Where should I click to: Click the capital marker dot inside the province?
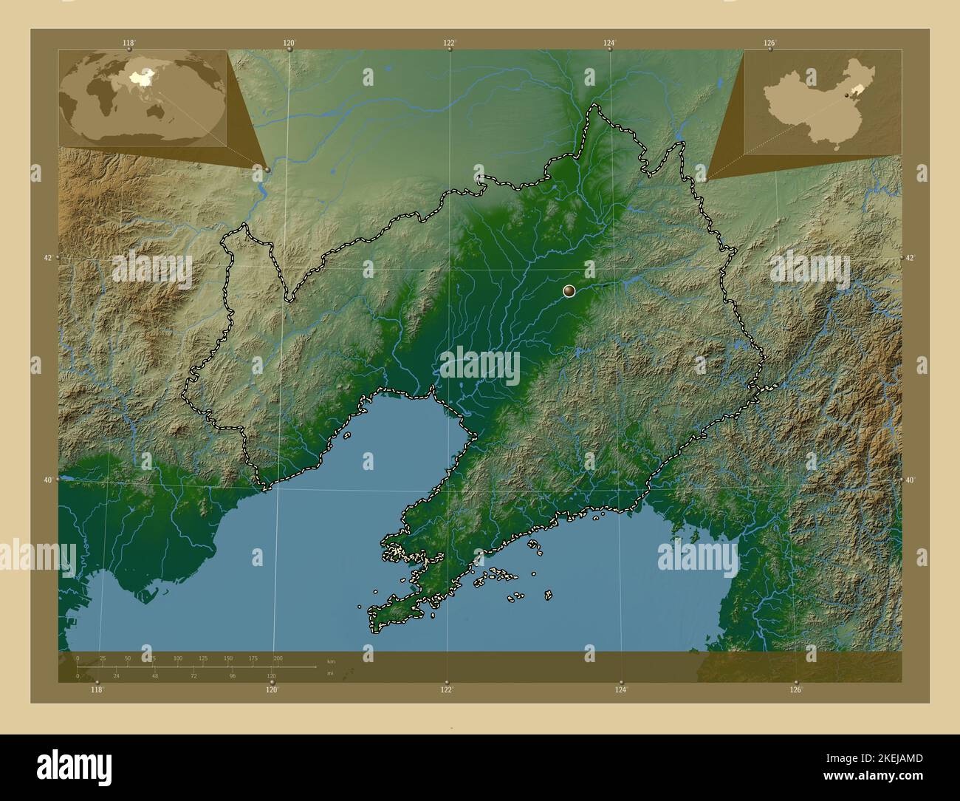(x=569, y=291)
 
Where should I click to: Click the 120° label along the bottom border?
(x=272, y=689)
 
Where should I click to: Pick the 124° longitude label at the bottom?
(x=621, y=689)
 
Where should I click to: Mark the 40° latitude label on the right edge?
(x=911, y=480)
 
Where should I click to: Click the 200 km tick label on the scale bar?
(x=278, y=658)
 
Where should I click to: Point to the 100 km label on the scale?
(x=178, y=658)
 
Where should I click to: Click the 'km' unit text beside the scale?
(x=330, y=661)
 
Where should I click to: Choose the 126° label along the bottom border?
(x=795, y=689)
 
